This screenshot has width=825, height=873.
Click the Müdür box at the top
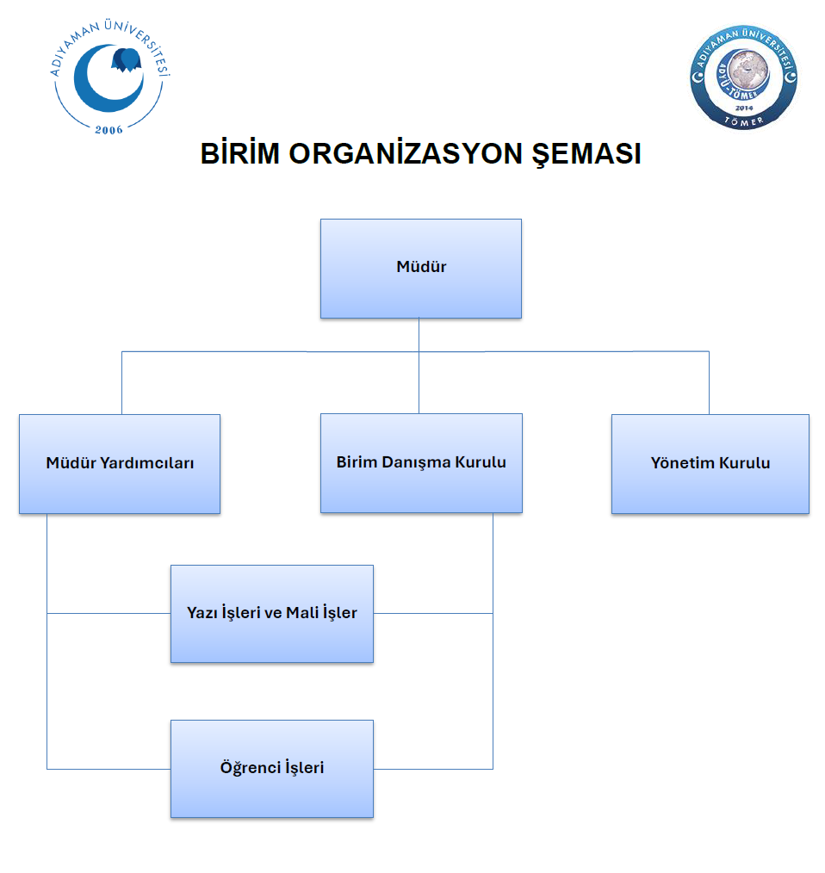[x=420, y=268]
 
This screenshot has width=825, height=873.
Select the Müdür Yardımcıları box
[x=120, y=463]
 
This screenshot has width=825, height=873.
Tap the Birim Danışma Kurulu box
[x=421, y=463]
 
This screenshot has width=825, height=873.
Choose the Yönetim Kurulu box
[x=710, y=463]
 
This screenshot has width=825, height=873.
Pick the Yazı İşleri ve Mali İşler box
[x=271, y=613]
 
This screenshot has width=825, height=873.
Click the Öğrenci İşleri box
[x=271, y=768]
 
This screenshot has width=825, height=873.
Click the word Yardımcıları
[x=147, y=463]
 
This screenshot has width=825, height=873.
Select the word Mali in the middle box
[x=303, y=613]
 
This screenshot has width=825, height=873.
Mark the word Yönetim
[x=682, y=463]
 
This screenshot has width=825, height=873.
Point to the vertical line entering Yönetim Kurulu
[x=709, y=383]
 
